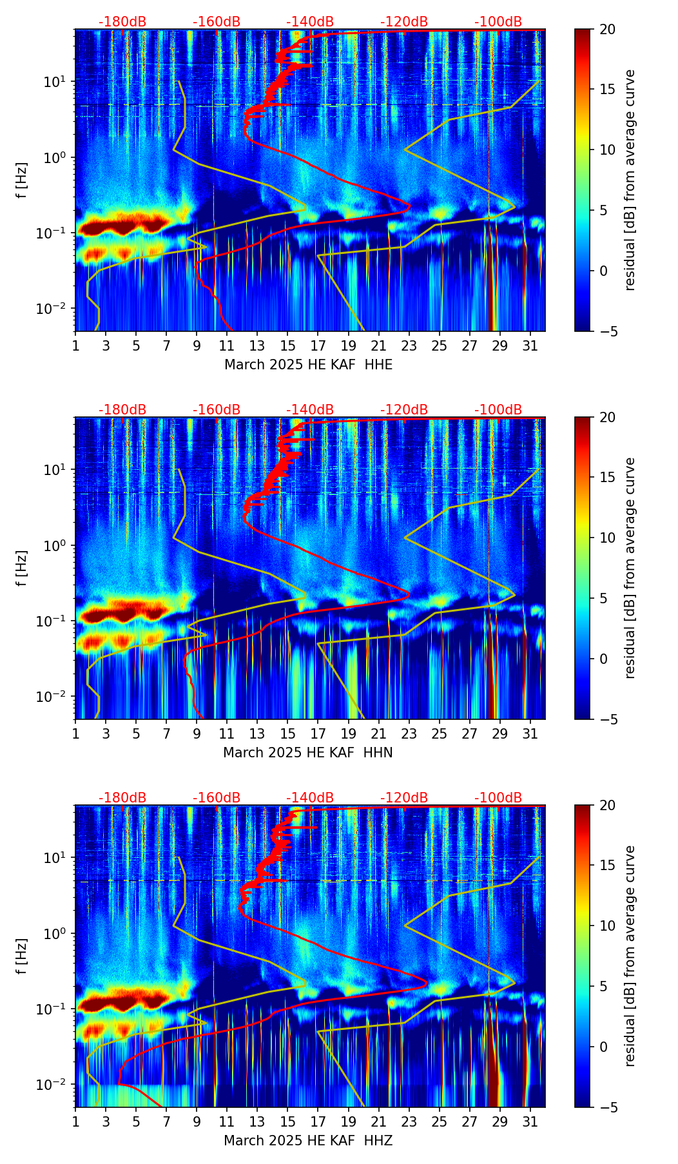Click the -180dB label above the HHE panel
[x=122, y=22]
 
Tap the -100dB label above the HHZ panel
[x=498, y=798]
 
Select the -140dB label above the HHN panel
[x=310, y=410]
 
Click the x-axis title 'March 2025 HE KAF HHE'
[x=308, y=365]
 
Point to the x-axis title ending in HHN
[x=308, y=753]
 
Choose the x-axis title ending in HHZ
[x=308, y=1141]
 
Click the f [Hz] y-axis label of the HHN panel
[x=22, y=568]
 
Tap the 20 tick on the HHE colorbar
[x=606, y=30]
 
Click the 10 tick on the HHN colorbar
[x=606, y=538]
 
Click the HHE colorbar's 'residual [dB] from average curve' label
[x=630, y=180]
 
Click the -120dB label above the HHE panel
[x=404, y=22]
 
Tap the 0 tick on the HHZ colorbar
[x=603, y=1047]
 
